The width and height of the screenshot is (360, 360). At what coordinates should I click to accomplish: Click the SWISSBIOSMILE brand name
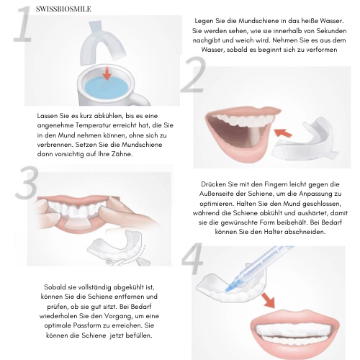point(63,9)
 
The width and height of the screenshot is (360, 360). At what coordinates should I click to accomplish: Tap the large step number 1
point(23,25)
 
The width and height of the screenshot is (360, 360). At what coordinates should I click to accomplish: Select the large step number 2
point(194,74)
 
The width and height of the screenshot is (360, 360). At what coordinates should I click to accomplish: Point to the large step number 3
point(27,182)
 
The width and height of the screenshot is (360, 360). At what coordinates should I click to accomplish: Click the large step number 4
point(192,258)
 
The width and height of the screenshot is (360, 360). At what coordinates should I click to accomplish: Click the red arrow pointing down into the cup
point(107,73)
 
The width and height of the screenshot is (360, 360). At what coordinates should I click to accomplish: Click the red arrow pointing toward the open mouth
point(283,132)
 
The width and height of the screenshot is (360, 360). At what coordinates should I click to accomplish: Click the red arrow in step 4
point(269,300)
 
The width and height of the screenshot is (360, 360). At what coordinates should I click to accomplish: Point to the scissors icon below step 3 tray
point(109,261)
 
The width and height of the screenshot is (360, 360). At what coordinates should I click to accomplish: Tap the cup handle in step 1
point(142,100)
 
